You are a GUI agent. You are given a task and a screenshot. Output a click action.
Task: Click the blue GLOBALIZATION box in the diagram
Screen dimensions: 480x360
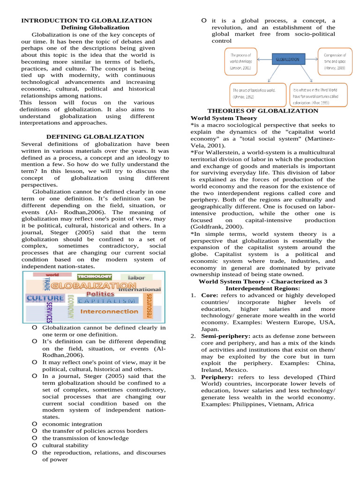tap(289, 60)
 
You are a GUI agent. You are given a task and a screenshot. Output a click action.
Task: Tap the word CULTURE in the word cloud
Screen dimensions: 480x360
tap(45, 298)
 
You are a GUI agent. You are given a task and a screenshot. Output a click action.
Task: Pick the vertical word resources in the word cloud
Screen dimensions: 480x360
tap(150, 306)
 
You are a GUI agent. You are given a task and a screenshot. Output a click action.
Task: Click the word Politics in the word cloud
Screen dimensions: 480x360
tap(100, 293)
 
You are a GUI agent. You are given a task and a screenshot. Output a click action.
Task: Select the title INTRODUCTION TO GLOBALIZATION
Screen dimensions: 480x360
tap(87, 21)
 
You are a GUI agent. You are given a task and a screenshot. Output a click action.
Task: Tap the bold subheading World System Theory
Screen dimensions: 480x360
tap(224, 118)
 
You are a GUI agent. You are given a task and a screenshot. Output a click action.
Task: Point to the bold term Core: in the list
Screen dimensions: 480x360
tap(209, 296)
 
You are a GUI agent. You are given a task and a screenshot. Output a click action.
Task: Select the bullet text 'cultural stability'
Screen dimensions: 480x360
tap(65, 445)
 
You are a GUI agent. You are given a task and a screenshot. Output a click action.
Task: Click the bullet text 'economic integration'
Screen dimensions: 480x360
tap(72, 424)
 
